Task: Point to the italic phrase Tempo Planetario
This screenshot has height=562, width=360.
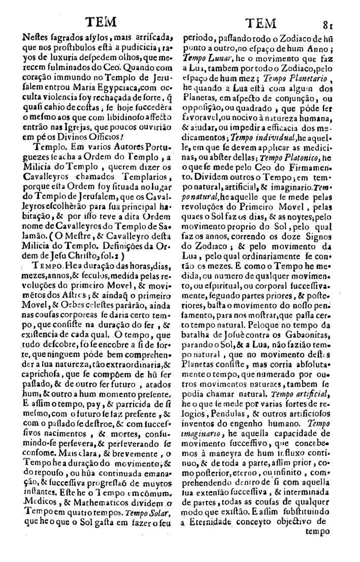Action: [x=302, y=78]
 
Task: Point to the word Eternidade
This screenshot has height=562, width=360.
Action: [x=216, y=534]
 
